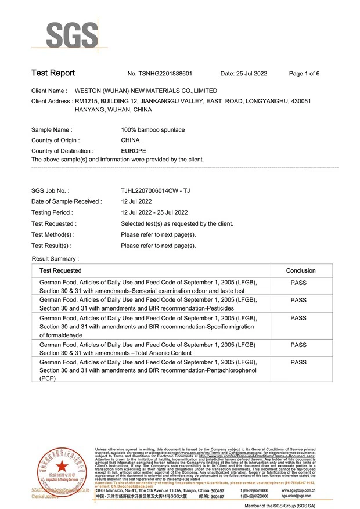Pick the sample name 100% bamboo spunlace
(x=153, y=130)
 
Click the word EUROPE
(x=133, y=151)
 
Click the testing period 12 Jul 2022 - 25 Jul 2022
(x=154, y=212)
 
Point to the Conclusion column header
(x=301, y=271)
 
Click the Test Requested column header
(x=60, y=271)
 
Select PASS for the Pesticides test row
(x=298, y=301)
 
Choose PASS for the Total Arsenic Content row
(x=298, y=345)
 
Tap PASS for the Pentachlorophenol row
(x=298, y=363)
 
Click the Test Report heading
(x=53, y=73)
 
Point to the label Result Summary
(x=55, y=258)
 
